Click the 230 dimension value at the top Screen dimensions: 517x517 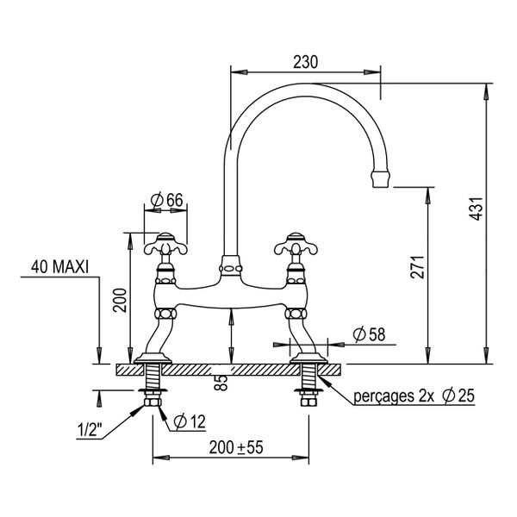(x=305, y=62)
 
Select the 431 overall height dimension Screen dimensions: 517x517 (x=476, y=209)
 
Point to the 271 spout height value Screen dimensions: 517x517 (x=417, y=267)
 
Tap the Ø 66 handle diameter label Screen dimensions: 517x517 (x=166, y=200)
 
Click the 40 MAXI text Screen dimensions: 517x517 (x=59, y=267)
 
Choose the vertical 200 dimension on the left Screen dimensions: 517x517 (x=120, y=301)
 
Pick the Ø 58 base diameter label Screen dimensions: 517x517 (x=369, y=334)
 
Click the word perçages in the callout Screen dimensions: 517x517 (x=383, y=396)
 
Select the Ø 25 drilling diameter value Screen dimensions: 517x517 (x=458, y=396)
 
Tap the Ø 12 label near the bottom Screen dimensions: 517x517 (x=190, y=421)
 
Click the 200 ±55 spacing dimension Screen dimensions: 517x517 (x=236, y=447)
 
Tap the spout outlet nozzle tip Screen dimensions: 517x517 (x=381, y=179)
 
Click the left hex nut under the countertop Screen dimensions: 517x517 (x=153, y=402)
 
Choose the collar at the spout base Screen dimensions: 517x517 (x=231, y=265)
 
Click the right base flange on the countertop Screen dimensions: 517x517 (x=308, y=358)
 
